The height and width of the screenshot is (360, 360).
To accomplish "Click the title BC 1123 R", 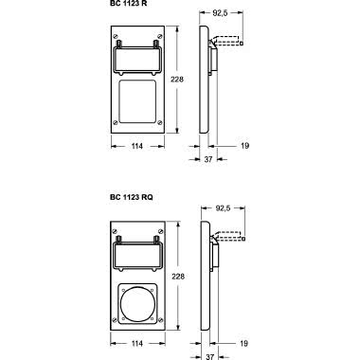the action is click(x=129, y=3).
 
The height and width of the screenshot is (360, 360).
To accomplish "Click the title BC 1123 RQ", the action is click(x=132, y=197).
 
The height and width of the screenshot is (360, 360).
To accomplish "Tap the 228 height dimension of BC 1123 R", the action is click(x=177, y=80).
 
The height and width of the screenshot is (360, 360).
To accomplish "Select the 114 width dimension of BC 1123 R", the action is click(x=136, y=146).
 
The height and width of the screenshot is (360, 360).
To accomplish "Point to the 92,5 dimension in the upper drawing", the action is click(x=220, y=13).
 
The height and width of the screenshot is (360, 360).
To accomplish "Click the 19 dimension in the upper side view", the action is click(x=244, y=146).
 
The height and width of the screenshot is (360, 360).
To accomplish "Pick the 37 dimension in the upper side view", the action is click(x=208, y=159).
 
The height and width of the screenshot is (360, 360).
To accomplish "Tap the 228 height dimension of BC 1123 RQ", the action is click(x=178, y=277).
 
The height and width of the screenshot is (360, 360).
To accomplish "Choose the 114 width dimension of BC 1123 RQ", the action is click(x=137, y=343).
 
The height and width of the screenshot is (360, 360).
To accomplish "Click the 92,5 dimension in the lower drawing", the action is click(x=223, y=208).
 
